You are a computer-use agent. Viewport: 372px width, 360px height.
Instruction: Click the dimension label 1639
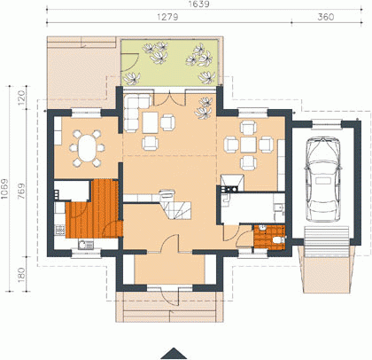199,4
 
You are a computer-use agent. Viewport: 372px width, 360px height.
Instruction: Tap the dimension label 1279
167,17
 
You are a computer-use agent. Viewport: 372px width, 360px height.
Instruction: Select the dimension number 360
326,17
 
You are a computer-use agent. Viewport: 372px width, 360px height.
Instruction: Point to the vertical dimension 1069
5,189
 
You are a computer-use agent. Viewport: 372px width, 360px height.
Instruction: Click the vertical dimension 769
22,192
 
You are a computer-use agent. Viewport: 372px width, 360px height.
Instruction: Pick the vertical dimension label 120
22,98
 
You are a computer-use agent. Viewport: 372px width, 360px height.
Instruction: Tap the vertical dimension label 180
22,275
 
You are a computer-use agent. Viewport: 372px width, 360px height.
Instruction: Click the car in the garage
323,179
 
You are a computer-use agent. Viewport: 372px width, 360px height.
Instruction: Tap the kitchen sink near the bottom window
86,245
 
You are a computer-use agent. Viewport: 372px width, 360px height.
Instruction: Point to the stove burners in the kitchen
60,230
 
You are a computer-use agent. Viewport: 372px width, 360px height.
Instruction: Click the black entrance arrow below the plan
174,353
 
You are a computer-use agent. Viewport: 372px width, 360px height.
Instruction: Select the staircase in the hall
175,205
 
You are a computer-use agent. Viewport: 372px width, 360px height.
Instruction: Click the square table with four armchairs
248,145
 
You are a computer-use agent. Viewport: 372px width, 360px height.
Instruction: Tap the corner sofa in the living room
135,112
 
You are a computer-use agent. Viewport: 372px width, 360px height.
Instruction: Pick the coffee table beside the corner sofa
151,122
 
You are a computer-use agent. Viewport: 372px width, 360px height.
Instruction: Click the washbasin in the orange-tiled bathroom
262,228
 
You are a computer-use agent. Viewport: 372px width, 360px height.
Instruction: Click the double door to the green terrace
169,98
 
